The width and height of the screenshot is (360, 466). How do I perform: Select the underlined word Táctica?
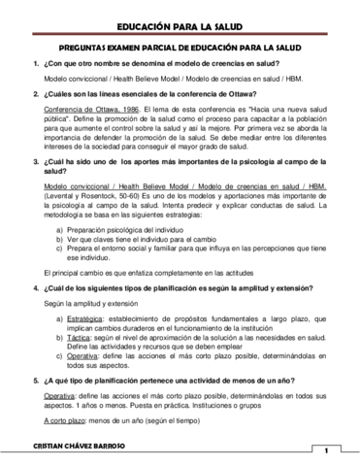tap(74, 310)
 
